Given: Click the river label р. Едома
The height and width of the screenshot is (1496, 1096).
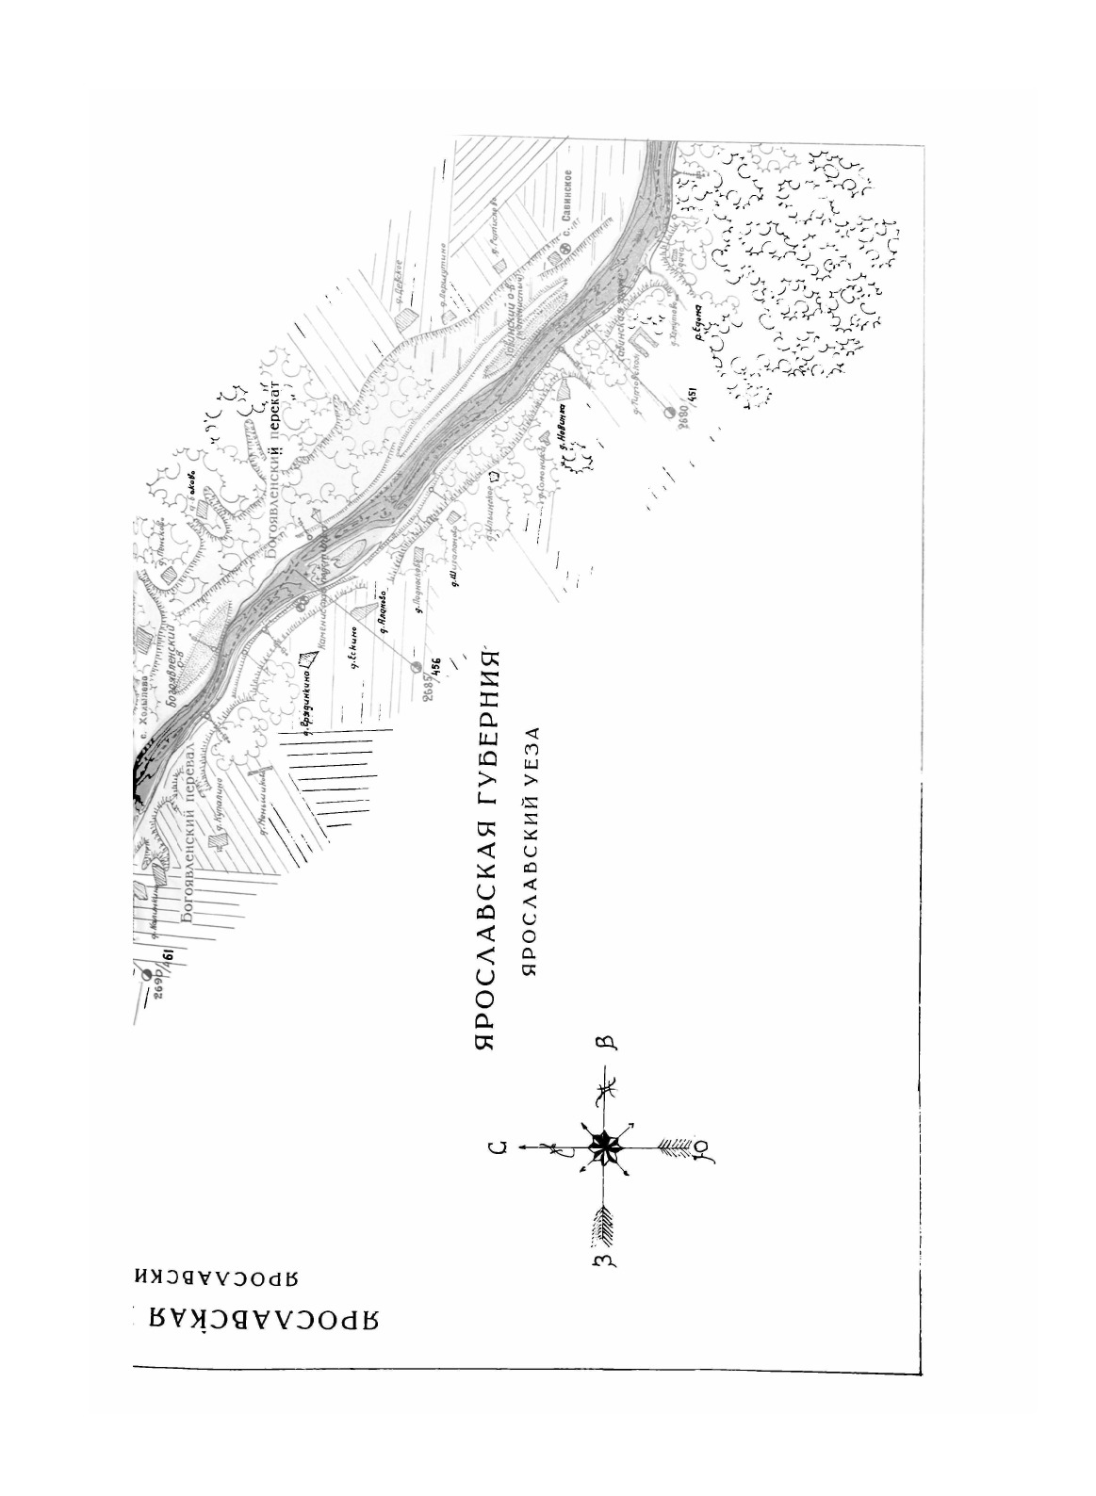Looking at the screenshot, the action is coord(699,321).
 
